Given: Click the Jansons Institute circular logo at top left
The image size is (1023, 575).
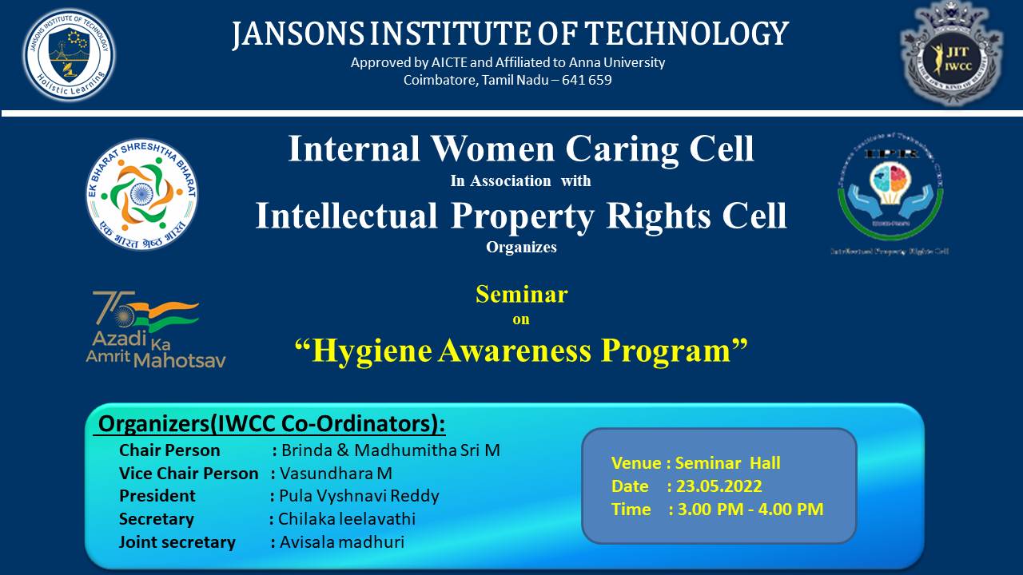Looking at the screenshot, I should [x=69, y=55].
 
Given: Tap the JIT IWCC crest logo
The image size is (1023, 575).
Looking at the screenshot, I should [x=952, y=54].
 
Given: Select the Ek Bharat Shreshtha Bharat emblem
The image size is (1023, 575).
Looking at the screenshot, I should [x=141, y=194].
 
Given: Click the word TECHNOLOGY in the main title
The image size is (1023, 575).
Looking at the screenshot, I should [x=687, y=34].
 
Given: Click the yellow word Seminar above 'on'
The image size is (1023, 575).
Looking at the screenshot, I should [x=521, y=295].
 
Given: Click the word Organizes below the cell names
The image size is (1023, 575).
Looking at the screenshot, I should [x=521, y=248].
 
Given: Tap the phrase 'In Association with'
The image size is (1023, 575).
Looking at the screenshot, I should [x=520, y=181].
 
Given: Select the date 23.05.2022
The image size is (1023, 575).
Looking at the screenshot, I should [x=719, y=486].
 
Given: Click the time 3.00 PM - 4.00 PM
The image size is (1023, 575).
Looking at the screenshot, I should [x=750, y=510].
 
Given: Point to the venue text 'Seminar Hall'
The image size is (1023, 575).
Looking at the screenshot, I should [x=727, y=463].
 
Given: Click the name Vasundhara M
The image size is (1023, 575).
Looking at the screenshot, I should [x=336, y=474].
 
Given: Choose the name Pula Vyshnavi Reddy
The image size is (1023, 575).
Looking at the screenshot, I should [x=359, y=496].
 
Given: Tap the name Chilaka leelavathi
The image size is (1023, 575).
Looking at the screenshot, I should [x=347, y=519].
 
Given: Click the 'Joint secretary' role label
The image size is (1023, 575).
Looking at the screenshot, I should [x=177, y=542].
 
